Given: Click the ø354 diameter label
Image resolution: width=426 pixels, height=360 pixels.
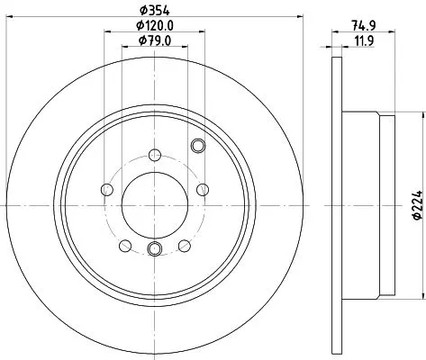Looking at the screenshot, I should point(154,11).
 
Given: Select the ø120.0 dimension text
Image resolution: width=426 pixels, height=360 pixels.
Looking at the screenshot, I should point(154,26).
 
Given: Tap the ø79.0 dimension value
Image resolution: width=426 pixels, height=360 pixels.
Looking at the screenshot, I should point(154,41).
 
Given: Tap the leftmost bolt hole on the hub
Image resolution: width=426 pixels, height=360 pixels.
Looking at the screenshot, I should point(106,189).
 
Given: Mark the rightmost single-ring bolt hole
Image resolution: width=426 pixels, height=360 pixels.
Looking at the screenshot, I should point(202,189).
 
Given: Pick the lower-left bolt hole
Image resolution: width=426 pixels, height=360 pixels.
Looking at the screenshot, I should point(124,245).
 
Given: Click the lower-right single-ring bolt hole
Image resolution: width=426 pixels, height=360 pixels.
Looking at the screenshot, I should point(184,245).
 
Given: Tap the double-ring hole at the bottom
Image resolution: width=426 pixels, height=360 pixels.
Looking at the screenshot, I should point(153,250).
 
